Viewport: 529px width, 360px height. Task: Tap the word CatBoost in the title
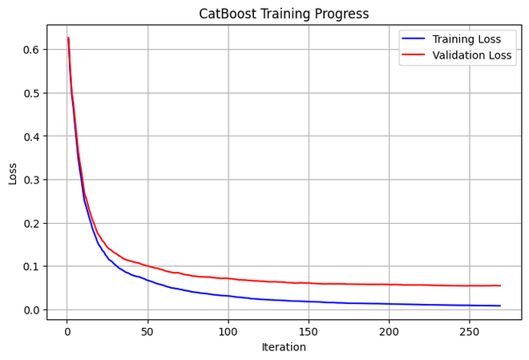tap(228, 14)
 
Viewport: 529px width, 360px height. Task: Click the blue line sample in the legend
tap(414, 39)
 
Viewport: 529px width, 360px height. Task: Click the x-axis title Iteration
tap(284, 347)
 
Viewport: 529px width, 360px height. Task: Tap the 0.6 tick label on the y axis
tap(33, 50)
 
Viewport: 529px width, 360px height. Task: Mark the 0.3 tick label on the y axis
tap(33, 180)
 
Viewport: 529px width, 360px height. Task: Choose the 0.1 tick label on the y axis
tap(33, 266)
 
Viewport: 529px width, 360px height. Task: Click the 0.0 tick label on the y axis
tap(33, 310)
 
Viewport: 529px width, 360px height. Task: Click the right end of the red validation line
tap(500, 285)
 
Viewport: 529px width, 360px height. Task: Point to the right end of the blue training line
tap(500, 305)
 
